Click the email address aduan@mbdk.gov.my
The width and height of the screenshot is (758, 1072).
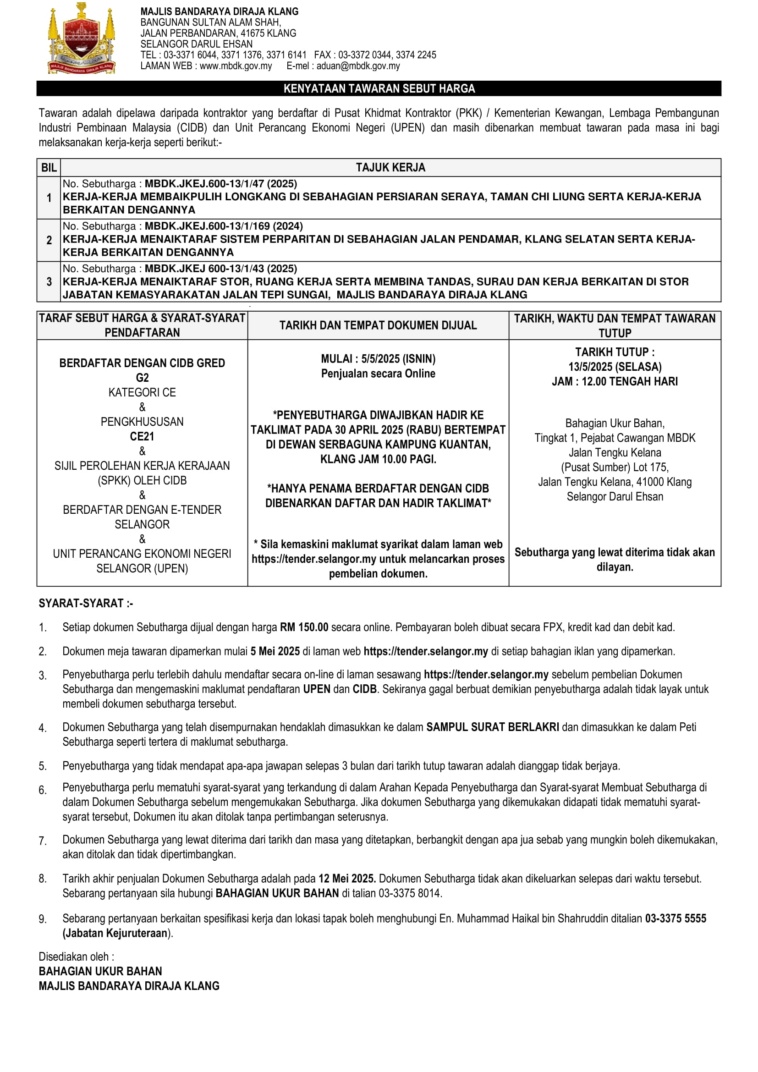pos(358,66)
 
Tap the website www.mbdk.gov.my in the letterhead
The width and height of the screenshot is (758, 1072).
pos(236,66)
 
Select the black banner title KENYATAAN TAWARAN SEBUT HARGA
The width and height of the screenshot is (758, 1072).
pos(379,89)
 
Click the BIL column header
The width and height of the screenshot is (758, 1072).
pos(49,168)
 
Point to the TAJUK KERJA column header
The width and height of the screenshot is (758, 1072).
pos(390,168)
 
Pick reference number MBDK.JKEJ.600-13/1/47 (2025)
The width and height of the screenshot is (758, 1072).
pos(221,184)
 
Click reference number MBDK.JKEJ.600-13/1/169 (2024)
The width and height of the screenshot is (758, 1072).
pos(224,226)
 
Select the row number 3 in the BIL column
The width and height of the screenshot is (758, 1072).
pos(49,281)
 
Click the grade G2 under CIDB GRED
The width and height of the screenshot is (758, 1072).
pos(142,378)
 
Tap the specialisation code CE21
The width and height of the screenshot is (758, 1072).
pos(142,437)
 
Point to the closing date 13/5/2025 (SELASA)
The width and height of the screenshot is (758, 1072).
pos(615,367)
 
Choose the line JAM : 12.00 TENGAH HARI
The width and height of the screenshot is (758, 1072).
pos(615,381)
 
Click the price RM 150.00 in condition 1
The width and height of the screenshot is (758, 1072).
pos(304,627)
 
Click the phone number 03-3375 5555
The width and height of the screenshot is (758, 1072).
pos(676,918)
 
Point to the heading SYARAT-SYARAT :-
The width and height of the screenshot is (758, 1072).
pos(86,603)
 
